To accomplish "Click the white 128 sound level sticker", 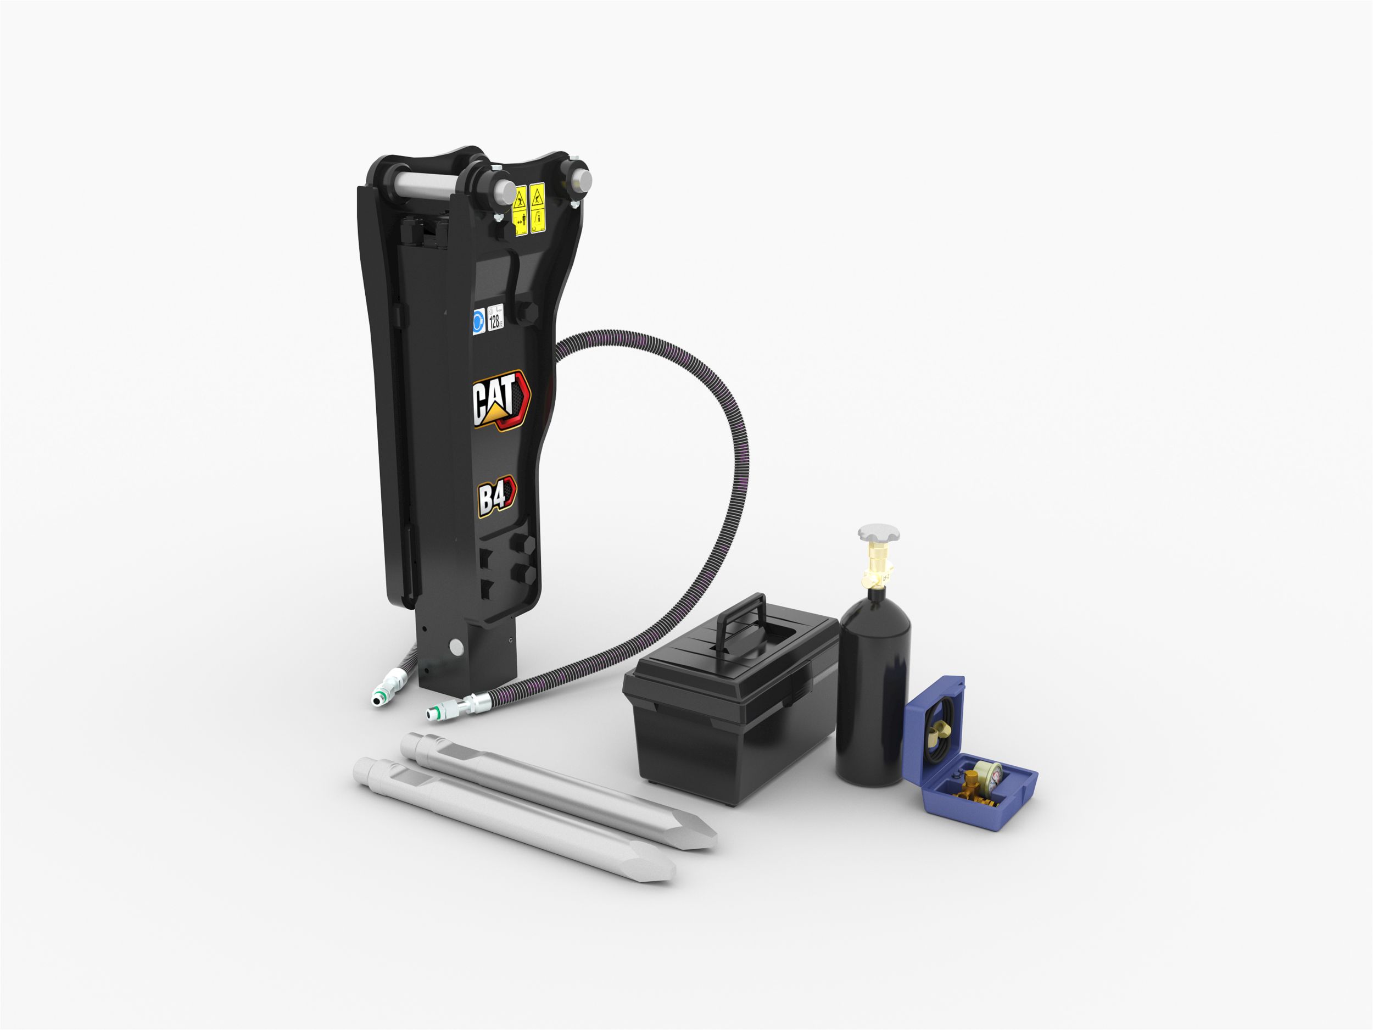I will (495, 318).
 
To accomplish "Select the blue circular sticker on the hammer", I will (478, 321).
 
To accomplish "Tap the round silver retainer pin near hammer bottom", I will (457, 647).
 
